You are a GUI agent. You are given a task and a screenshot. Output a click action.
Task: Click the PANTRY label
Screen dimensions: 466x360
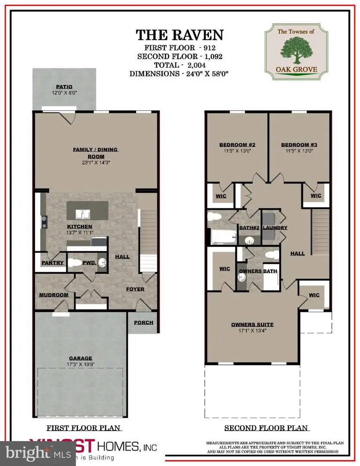click(53, 263)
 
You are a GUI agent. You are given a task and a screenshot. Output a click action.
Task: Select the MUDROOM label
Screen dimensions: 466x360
click(54, 295)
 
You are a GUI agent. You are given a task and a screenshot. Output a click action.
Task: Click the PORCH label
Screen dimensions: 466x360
click(143, 322)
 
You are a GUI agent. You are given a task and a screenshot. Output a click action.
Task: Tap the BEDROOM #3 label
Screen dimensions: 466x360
click(297, 145)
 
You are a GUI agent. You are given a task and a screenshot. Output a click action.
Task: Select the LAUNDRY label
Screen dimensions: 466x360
click(275, 228)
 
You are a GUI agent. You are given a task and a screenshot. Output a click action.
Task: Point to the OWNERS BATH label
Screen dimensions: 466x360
click(258, 271)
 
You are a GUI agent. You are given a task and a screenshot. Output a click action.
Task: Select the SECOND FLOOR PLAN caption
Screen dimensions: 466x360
click(266, 428)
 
